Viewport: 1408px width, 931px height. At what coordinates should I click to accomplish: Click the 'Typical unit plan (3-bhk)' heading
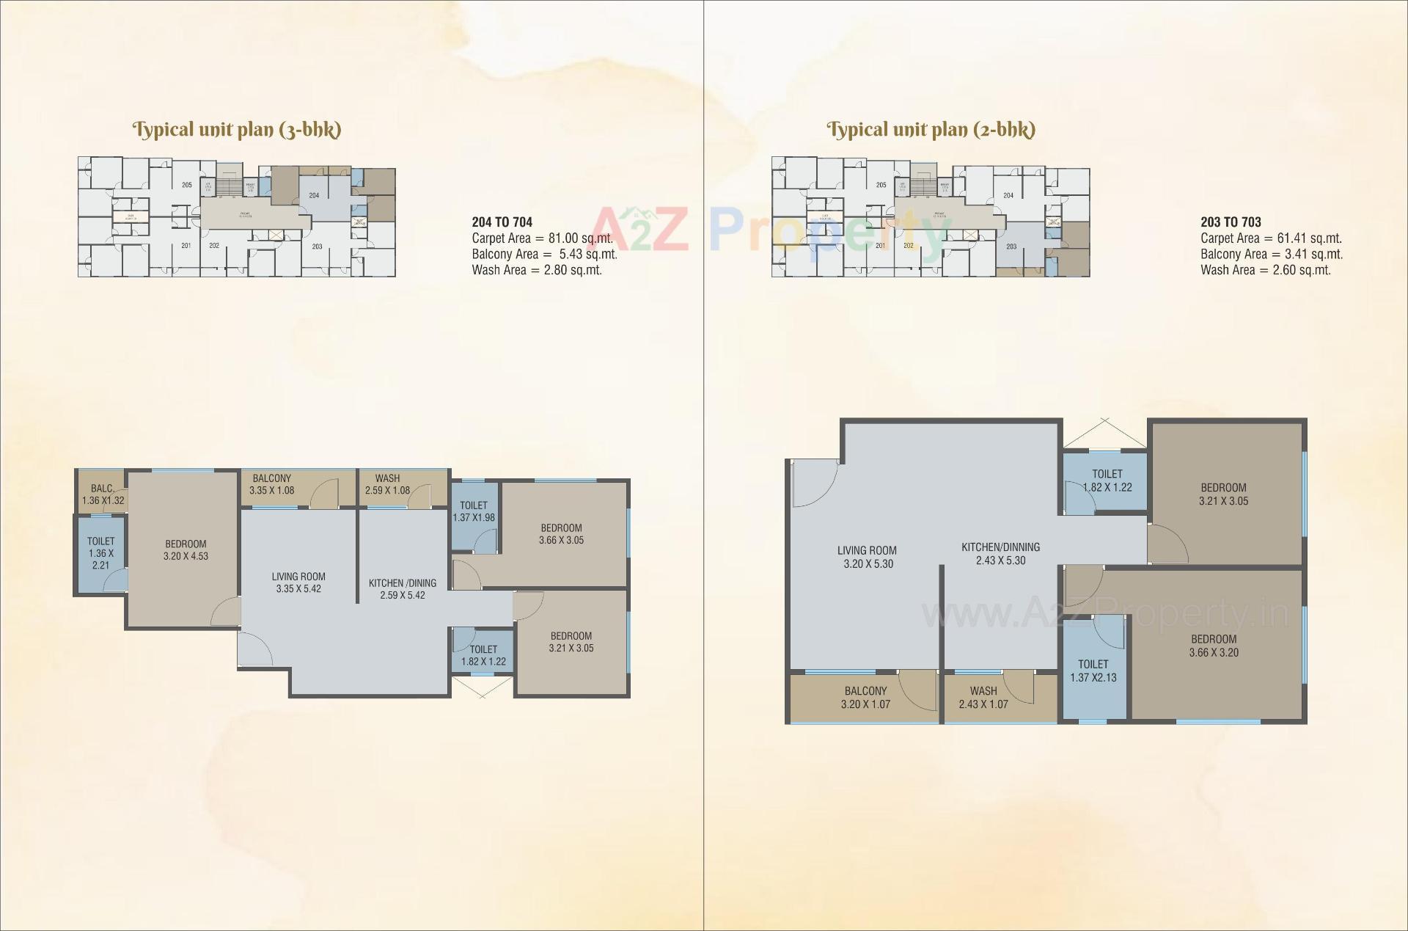click(x=236, y=130)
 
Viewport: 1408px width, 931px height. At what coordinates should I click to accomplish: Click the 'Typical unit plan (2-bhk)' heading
click(x=931, y=130)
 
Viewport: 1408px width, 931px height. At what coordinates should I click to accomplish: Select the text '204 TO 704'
click(x=502, y=222)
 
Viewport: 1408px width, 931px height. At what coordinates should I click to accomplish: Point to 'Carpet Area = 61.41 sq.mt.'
click(x=1271, y=238)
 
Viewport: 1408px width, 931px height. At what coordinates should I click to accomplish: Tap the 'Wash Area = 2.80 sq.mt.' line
click(x=536, y=270)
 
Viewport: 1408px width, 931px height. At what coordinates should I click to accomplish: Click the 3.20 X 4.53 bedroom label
click(x=186, y=550)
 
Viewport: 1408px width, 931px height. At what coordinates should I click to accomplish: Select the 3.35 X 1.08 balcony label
click(x=271, y=484)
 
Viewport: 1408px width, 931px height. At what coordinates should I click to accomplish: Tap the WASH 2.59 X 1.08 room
click(x=387, y=484)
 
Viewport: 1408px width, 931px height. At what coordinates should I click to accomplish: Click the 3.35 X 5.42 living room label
click(x=298, y=583)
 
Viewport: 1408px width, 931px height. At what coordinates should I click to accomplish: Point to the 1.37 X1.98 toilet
click(x=474, y=511)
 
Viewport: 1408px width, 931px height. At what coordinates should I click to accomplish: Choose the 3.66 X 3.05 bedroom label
click(x=561, y=533)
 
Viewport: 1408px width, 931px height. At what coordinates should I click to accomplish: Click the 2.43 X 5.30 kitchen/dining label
click(x=1000, y=553)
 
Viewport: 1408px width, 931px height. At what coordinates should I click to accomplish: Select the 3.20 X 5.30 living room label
click(x=868, y=557)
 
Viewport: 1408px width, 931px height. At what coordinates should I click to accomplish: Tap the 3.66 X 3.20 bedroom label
click(x=1214, y=646)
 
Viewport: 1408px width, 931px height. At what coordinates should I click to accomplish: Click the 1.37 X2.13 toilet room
click(x=1093, y=671)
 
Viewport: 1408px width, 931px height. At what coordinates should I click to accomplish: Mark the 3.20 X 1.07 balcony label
click(x=865, y=697)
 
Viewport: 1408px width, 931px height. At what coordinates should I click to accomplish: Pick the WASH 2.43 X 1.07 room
click(x=983, y=697)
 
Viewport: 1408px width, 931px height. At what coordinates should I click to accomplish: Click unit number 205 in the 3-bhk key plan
click(x=187, y=185)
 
